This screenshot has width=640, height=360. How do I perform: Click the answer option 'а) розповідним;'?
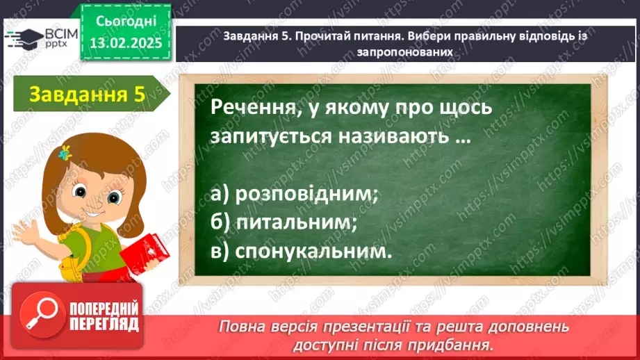(x=293, y=195)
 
